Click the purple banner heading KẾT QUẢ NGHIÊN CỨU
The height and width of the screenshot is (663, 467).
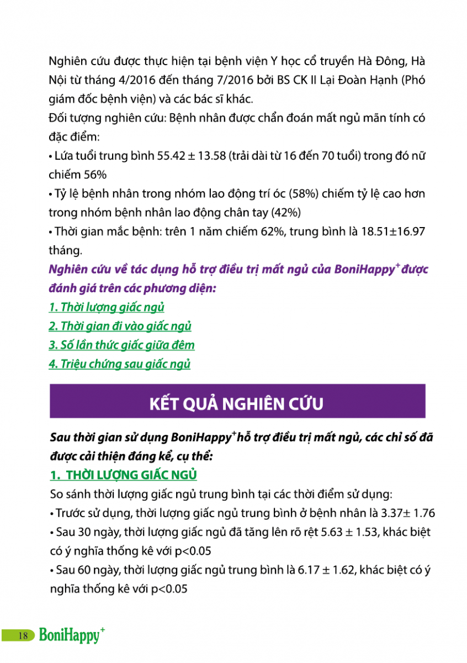tap(237, 402)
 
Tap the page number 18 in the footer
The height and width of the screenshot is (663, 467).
tap(23, 635)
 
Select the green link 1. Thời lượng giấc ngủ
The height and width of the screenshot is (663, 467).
tap(107, 307)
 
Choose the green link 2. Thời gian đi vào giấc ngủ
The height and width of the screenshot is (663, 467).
tap(120, 326)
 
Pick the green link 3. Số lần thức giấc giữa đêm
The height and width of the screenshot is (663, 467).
tap(121, 345)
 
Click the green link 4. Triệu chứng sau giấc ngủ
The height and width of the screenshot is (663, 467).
tap(119, 364)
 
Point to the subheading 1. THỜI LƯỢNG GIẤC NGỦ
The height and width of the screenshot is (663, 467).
tap(123, 475)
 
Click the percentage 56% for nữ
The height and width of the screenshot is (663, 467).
tap(92, 175)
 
